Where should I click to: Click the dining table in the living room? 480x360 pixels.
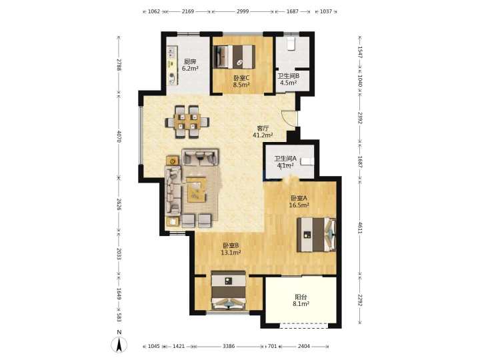coord(187,122)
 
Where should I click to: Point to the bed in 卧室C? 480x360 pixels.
coord(234,57)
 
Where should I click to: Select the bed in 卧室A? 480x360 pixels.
coord(316,235)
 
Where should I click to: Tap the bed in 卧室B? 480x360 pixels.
coord(229,290)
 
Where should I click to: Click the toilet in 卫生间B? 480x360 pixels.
coord(291,43)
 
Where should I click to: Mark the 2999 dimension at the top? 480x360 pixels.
coord(243,11)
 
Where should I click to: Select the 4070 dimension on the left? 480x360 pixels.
coord(119,136)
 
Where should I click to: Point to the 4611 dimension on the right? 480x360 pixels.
coord(360,228)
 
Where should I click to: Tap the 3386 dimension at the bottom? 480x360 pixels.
coord(229,346)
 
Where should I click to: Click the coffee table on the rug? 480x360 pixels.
coord(197,190)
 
